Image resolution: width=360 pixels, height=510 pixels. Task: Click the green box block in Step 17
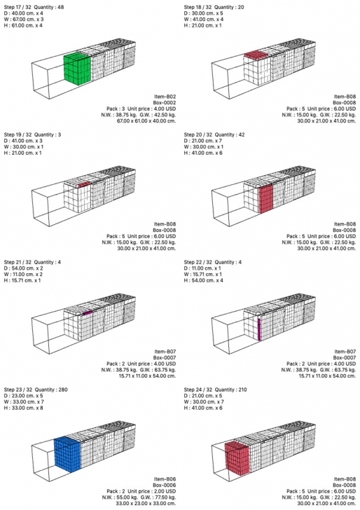tap(77, 69)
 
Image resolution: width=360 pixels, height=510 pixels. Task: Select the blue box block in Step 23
tap(67, 455)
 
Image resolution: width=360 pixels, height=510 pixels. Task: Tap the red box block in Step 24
tap(237, 457)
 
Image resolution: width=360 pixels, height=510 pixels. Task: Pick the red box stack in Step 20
tap(266, 198)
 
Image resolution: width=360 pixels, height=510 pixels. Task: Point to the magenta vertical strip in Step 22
tap(259, 329)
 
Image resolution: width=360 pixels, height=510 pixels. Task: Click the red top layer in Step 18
tap(256, 55)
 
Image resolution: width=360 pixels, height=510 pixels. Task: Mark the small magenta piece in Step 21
tap(88, 313)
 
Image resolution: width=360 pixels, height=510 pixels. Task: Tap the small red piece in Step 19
tap(84, 184)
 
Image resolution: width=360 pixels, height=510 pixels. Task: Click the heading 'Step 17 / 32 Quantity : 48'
tap(34, 7)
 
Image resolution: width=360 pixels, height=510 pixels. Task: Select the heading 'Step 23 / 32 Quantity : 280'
tap(36, 390)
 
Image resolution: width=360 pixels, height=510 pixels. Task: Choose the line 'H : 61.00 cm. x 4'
tap(23, 26)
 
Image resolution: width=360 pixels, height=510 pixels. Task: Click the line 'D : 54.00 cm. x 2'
tap(23, 268)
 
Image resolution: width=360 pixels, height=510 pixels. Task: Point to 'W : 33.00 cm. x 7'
tap(24, 402)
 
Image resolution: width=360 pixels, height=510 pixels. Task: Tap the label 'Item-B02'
tap(165, 97)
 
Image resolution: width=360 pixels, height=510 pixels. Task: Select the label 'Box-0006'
tap(165, 485)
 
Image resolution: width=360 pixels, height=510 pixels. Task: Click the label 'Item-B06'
tap(165, 479)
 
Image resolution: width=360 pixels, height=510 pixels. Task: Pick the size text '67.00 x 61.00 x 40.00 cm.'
tap(146, 121)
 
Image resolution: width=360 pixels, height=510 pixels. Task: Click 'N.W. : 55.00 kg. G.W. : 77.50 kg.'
tap(139, 497)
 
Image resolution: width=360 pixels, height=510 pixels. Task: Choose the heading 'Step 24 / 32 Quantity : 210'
tap(214, 390)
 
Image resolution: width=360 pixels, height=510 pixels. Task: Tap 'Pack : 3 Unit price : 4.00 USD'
tap(141, 109)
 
